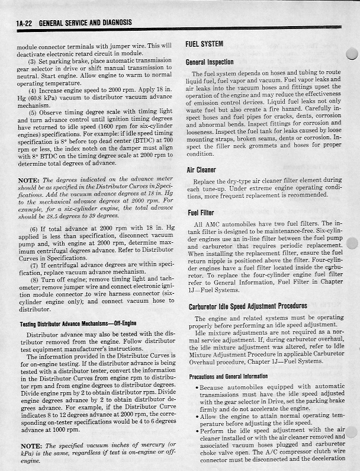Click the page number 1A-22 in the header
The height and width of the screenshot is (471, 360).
[x=25, y=23]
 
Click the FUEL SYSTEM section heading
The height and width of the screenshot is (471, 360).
[x=204, y=44]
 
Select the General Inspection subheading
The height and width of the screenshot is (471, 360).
[x=209, y=62]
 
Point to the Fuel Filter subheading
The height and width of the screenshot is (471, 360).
[x=201, y=213]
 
